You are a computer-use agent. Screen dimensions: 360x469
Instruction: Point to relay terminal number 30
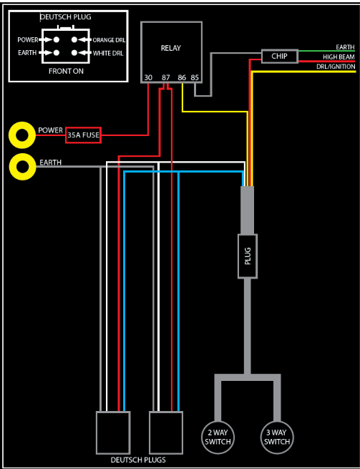coord(148,78)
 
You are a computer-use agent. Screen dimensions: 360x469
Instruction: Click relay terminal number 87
coord(165,78)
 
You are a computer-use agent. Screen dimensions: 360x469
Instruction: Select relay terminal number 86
coord(182,78)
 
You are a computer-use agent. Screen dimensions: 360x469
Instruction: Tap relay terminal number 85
coord(195,78)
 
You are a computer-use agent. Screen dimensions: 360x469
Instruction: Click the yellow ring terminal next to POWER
coord(12,135)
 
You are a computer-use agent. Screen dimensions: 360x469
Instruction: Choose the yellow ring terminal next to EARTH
coord(12,167)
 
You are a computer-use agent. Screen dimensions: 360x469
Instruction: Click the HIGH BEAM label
coord(339,57)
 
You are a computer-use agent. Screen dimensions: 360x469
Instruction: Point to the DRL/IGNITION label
coord(336,67)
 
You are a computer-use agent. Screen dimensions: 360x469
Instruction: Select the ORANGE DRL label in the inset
coord(109,40)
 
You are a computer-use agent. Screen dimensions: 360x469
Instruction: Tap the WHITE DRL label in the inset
coord(108,54)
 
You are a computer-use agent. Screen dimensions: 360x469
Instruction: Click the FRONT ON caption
coord(66,71)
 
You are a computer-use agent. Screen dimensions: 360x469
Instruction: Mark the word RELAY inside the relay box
coord(171,48)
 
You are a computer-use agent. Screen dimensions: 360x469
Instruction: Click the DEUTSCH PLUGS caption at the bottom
coord(138,460)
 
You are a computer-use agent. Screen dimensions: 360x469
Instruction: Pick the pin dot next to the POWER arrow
coord(57,39)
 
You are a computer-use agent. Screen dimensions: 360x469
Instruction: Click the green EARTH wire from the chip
coord(326,51)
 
